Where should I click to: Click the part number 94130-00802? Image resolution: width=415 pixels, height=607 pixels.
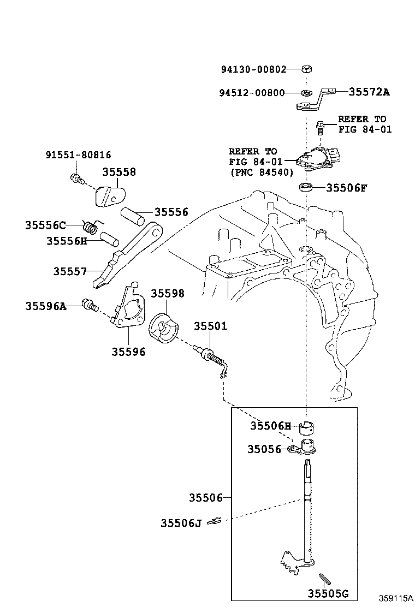click(253, 69)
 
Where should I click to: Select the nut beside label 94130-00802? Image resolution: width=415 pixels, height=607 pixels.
click(307, 69)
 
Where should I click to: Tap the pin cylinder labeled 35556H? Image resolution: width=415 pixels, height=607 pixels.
click(109, 238)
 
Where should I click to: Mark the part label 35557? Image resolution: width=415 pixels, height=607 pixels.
click(70, 271)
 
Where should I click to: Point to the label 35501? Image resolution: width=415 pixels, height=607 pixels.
click(210, 326)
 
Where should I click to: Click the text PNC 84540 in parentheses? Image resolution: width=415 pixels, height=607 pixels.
click(261, 172)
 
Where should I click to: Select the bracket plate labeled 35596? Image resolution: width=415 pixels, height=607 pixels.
click(129, 313)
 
